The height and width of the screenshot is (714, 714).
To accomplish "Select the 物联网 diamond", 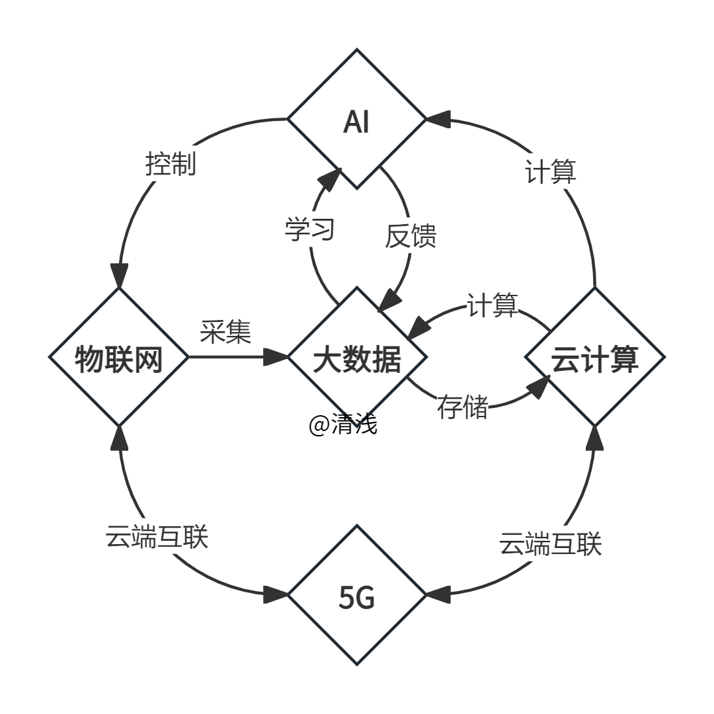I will (x=119, y=358).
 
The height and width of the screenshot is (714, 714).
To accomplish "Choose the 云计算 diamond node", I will (x=595, y=358).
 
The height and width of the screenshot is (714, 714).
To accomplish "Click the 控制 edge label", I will (x=171, y=163).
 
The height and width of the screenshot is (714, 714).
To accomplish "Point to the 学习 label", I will (x=310, y=229).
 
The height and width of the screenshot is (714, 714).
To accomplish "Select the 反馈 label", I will (x=411, y=235).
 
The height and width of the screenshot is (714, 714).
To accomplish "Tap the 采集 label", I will (x=226, y=330).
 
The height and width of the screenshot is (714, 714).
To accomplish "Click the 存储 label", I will (x=462, y=407).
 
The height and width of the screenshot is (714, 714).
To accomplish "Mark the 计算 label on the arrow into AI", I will (x=550, y=171).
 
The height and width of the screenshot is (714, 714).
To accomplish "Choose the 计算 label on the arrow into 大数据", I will (x=492, y=305).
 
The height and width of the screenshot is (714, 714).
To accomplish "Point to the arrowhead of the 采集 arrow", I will (x=276, y=358).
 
